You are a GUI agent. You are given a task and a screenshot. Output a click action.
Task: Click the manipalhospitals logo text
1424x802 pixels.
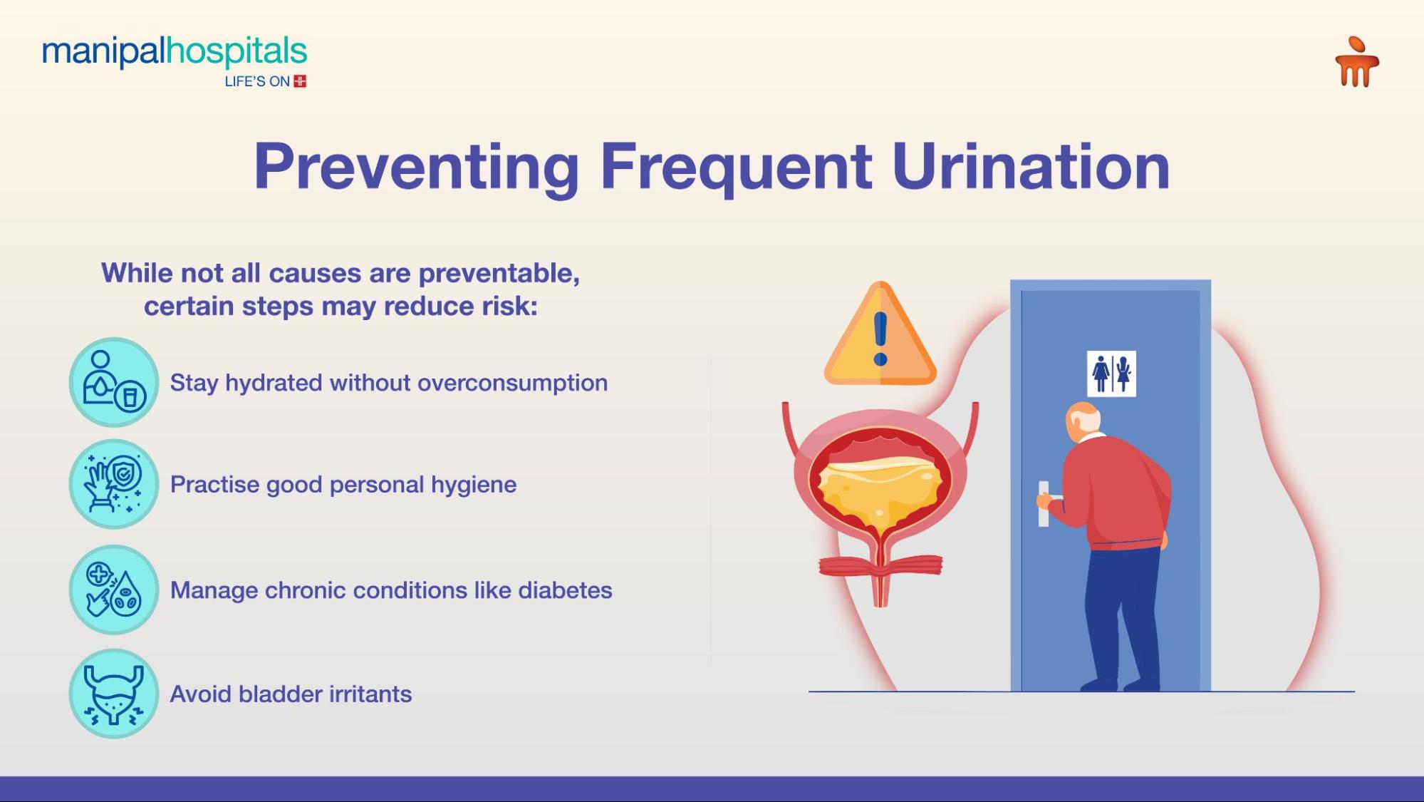[x=175, y=52]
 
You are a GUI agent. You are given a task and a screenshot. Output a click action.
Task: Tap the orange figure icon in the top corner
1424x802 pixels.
[x=1356, y=61]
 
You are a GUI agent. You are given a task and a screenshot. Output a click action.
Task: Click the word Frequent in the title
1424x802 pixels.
[x=736, y=169]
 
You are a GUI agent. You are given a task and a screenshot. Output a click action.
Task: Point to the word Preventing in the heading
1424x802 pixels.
[x=416, y=169]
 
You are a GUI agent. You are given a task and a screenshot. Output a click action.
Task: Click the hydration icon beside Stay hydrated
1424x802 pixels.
[x=113, y=382]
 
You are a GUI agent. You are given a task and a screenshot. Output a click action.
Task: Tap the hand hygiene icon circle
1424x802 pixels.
[x=113, y=484]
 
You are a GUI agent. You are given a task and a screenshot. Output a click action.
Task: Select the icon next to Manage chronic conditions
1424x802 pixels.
[x=113, y=590]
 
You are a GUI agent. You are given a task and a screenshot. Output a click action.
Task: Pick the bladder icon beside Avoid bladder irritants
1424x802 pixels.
[x=113, y=693]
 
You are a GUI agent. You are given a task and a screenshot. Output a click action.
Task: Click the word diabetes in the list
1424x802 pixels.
[x=565, y=590]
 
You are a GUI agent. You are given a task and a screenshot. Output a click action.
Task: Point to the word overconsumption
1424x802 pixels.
[x=512, y=384]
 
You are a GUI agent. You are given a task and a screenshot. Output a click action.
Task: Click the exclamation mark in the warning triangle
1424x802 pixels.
[x=880, y=339]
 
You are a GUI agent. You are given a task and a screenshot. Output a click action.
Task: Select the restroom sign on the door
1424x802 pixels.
[x=1111, y=374]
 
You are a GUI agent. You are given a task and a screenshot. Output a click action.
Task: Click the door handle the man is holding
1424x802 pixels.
[x=1044, y=504]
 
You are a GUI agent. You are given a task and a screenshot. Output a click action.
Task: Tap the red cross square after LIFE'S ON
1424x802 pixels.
[x=300, y=81]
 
